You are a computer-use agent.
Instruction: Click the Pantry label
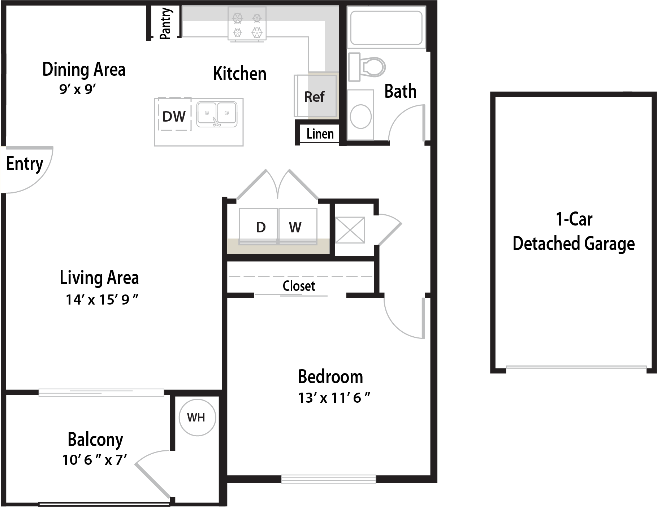coord(165,23)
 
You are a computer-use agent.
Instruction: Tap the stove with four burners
coord(247,23)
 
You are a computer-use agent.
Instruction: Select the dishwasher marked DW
coord(174,114)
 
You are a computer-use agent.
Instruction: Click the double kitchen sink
coord(217,114)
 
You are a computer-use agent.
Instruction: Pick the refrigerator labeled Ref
coord(315,96)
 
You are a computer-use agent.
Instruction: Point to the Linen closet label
coord(320,134)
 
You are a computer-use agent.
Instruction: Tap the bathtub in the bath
coord(386,28)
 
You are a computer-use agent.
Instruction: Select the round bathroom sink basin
coord(360,117)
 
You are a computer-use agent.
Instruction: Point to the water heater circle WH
coord(197,418)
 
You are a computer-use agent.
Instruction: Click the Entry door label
coord(25,164)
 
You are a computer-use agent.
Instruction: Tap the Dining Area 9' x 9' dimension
coord(77,89)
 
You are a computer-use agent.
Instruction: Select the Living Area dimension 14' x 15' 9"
coord(102,300)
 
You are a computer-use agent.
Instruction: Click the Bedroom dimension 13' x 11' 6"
coord(334,398)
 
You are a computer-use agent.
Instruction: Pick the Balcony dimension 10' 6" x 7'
coord(94,460)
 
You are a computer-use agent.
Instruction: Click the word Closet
coord(299,286)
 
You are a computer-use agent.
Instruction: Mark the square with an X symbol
coord(350,230)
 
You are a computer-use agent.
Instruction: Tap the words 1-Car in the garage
coord(574,219)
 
